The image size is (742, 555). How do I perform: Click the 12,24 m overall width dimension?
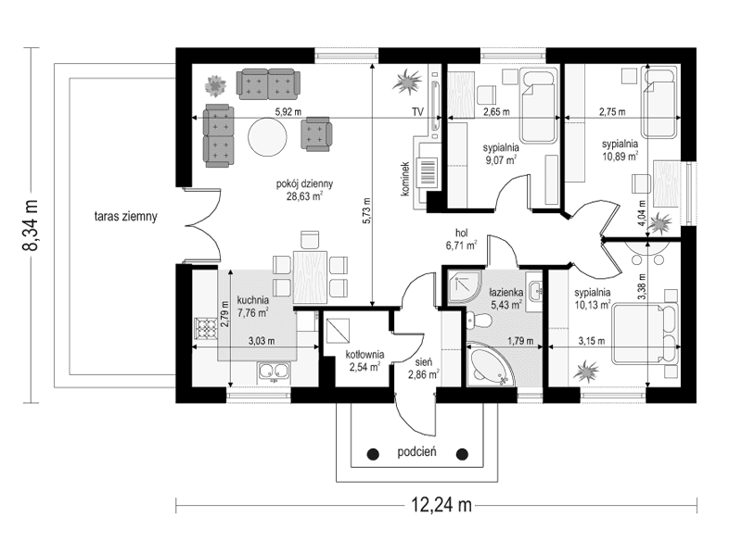435,505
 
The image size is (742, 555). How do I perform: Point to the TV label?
417,112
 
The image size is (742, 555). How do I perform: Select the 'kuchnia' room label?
253,300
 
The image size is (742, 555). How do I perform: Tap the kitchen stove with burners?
203,329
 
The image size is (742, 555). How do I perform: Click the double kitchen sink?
274,373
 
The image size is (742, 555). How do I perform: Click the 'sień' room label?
422,360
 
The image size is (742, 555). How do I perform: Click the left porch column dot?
373,454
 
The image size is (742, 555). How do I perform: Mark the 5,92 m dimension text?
288,112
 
